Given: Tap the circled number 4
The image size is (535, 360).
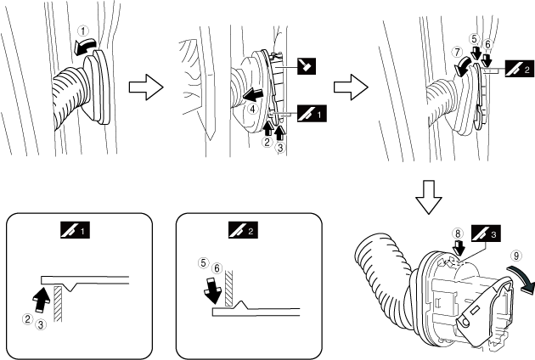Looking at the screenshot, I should click(252, 108).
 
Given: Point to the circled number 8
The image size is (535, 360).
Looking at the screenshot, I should click(458, 231).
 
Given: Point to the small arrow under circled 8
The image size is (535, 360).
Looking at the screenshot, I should click(459, 246).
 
